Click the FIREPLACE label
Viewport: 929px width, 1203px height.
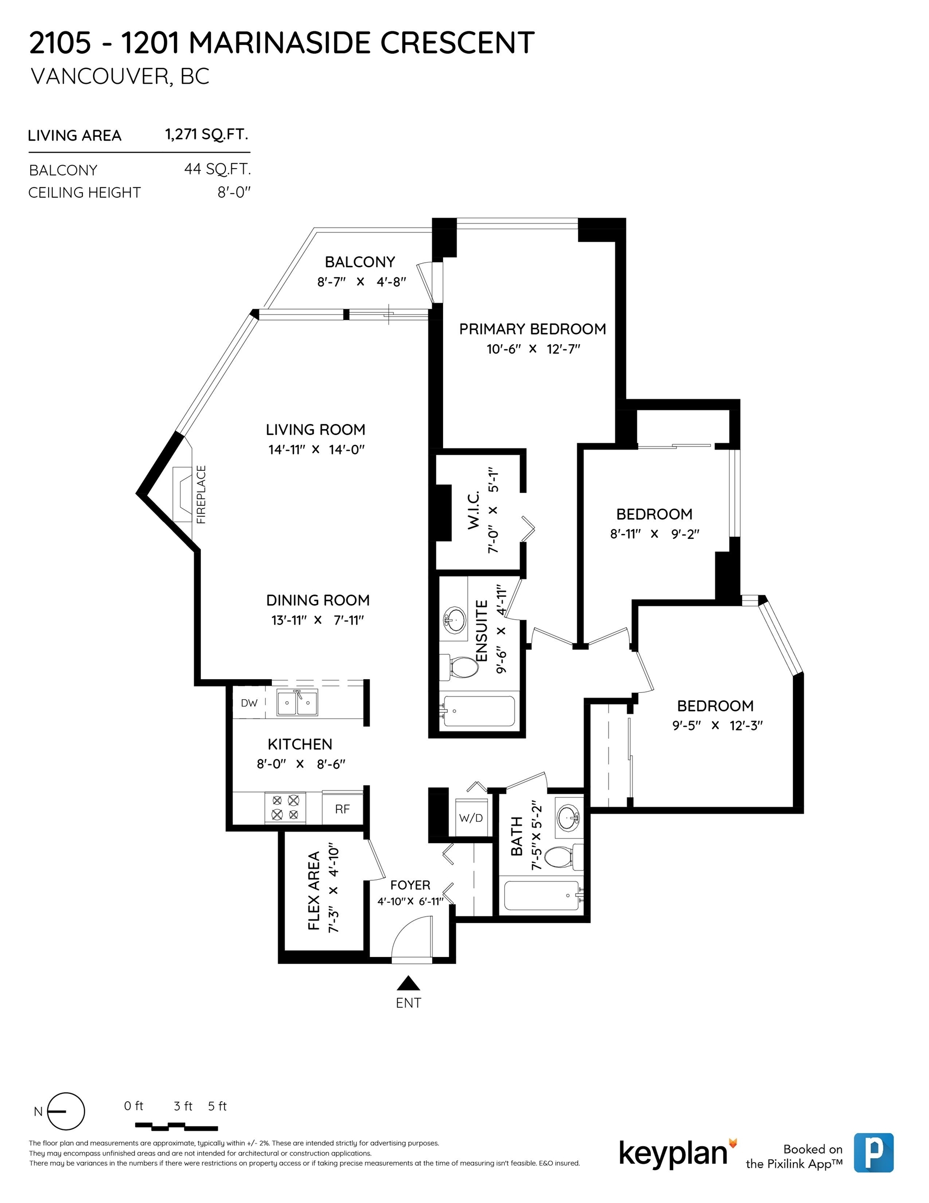201,494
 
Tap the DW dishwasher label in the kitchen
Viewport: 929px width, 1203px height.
249,703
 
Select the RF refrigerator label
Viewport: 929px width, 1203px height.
342,809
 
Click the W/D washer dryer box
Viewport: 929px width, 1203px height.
471,818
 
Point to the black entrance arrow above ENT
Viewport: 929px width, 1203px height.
408,983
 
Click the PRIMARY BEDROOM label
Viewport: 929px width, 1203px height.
532,329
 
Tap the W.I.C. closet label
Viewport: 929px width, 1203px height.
473,510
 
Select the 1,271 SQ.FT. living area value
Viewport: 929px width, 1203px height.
207,134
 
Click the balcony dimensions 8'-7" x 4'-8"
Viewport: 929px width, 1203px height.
361,281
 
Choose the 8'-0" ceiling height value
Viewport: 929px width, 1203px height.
234,192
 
